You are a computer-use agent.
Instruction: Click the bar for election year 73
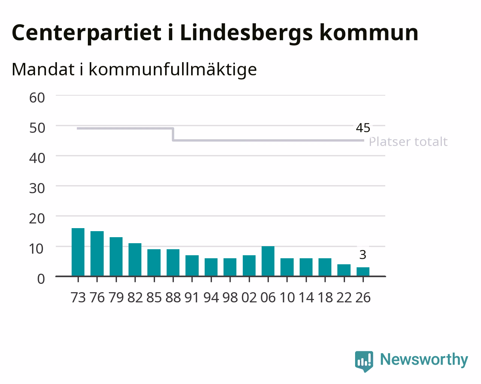(x=78, y=252)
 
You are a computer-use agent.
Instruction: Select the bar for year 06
(x=268, y=261)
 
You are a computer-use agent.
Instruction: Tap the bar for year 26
(x=363, y=272)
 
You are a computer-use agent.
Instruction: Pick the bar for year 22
(x=344, y=270)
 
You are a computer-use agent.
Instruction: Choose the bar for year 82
(x=135, y=260)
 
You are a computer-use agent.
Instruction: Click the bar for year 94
(x=211, y=267)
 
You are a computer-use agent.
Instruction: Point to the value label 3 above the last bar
(x=363, y=255)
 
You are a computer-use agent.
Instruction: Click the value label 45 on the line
(x=363, y=128)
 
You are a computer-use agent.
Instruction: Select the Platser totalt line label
(x=408, y=142)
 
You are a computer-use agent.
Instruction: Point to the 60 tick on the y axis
(x=37, y=98)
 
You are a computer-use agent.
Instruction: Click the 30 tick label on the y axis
(x=37, y=189)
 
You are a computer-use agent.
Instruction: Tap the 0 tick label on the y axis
(x=41, y=279)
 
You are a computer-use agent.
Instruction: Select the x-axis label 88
(x=173, y=297)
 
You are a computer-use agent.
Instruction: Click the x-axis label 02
(x=249, y=297)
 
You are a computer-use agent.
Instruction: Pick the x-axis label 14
(x=306, y=297)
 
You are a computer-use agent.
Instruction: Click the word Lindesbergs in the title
(x=246, y=34)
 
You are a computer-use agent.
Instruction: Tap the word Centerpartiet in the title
(x=86, y=34)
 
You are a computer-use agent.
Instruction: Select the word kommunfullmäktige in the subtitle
(x=173, y=70)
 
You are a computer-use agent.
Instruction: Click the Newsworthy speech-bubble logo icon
(x=364, y=361)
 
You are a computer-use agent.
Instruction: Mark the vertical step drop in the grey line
(x=173, y=134)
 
